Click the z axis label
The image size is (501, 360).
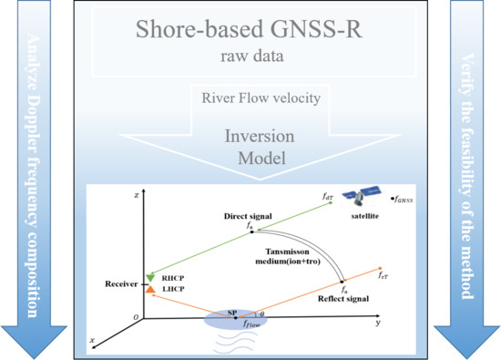134,195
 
